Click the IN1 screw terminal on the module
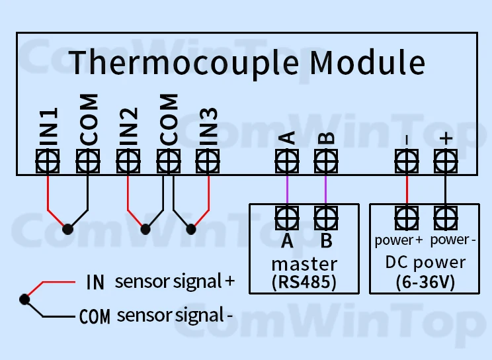click(48, 160)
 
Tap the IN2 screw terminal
click(128, 160)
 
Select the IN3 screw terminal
click(208, 160)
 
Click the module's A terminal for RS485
click(286, 160)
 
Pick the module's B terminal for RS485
click(325, 160)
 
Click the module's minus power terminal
click(406, 160)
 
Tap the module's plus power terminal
click(445, 160)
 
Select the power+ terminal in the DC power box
click(406, 216)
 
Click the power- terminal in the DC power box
click(445, 216)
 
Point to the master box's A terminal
click(286, 216)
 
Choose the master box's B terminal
click(325, 216)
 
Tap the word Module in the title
click(368, 62)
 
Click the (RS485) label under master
click(304, 281)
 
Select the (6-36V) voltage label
click(425, 281)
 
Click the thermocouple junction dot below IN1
click(67, 229)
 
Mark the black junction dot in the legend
click(24, 299)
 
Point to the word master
click(304, 263)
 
